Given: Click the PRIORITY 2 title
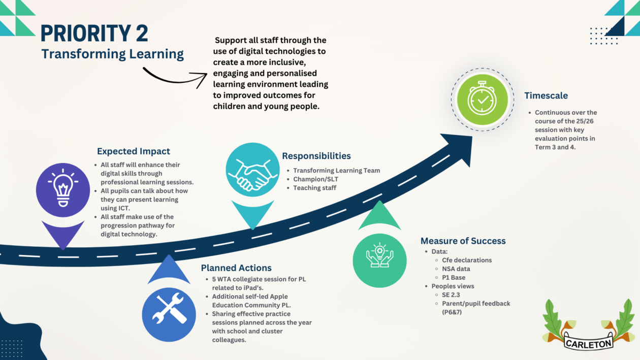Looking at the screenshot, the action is click(x=94, y=33).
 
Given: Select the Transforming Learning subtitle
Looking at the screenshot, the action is click(x=112, y=54).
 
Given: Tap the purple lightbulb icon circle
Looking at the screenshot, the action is click(x=63, y=190).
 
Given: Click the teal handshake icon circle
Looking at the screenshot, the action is click(x=252, y=170).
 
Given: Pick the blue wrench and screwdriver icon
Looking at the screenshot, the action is click(x=169, y=315).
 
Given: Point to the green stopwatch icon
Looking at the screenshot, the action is click(x=483, y=100).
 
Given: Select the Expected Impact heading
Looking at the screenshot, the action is click(x=134, y=151).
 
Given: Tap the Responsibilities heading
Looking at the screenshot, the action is click(x=316, y=156).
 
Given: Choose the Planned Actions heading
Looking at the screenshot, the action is click(x=236, y=268).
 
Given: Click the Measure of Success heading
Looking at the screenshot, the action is click(x=463, y=241).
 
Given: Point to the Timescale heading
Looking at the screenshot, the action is click(x=546, y=95).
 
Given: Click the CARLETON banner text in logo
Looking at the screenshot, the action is click(x=589, y=343).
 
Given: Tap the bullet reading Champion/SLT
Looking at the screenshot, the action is click(x=315, y=179).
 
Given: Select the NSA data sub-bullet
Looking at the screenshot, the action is click(x=456, y=269).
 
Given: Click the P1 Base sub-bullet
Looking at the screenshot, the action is click(x=454, y=277).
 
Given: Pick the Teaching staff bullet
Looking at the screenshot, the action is click(x=314, y=188).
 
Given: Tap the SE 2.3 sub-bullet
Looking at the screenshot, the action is click(x=451, y=295).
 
